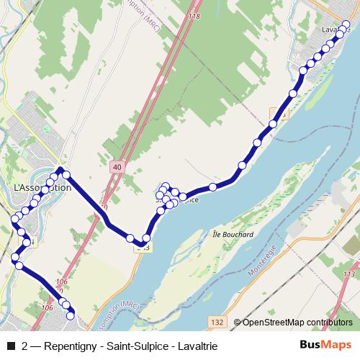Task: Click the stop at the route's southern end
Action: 70,315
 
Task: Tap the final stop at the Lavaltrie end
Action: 346,26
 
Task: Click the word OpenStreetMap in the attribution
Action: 274,323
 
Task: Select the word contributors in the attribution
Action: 330,323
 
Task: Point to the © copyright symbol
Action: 236,323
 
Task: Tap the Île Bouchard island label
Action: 233,235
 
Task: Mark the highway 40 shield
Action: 116,167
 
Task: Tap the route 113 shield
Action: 350,274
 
